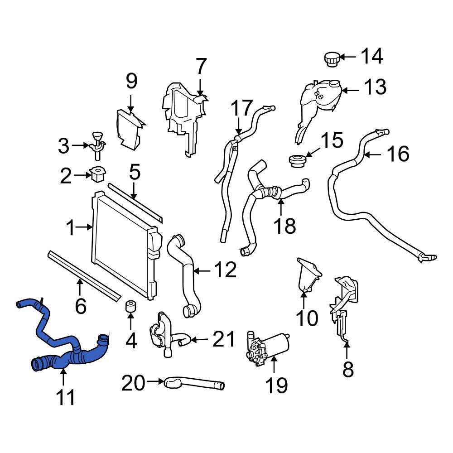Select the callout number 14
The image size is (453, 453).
tap(371, 57)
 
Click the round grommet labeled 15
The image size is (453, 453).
tap(296, 161)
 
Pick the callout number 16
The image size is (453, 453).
tap(398, 154)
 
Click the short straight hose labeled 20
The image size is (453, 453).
tap(195, 384)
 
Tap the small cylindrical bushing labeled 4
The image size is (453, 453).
tap(130, 307)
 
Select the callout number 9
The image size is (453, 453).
tap(131, 82)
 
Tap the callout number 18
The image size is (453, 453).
tap(285, 225)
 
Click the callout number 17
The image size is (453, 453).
tap(241, 109)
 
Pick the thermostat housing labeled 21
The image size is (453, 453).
tap(161, 333)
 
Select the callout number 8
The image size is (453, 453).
tap(347, 369)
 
